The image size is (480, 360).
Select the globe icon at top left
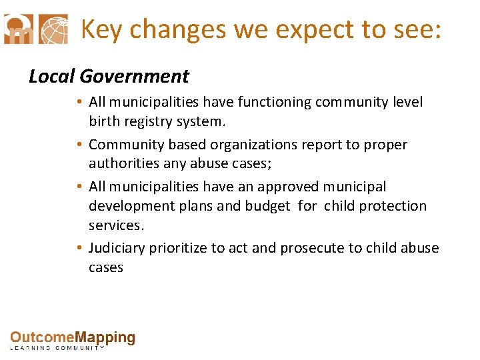(54, 29)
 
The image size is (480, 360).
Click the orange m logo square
(18, 29)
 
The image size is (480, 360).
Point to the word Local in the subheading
(50, 77)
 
